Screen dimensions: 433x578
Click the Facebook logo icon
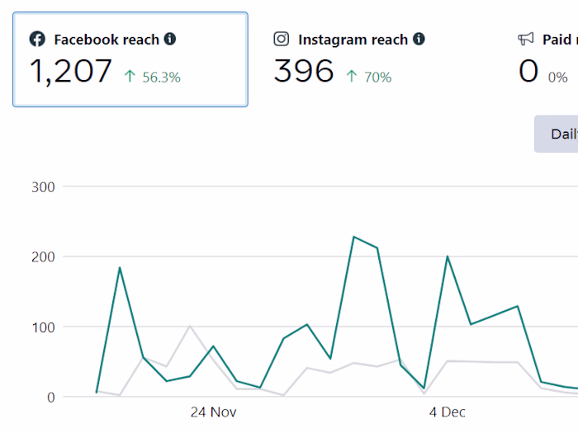[x=37, y=39]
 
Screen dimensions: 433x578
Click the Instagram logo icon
[x=282, y=39]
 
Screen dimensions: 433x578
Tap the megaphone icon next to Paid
[x=526, y=39]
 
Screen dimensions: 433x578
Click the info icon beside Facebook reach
[x=170, y=39]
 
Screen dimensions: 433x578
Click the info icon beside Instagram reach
[x=419, y=39]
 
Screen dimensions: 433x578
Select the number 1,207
[x=71, y=72]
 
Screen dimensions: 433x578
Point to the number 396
[x=304, y=72]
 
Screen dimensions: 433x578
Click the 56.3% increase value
[x=161, y=78]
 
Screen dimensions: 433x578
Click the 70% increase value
[x=378, y=78]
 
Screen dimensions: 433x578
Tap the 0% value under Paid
[x=557, y=78]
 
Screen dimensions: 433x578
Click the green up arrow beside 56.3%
[x=130, y=77]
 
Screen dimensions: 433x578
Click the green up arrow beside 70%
[x=352, y=77]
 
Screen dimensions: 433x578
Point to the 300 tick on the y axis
[x=43, y=187]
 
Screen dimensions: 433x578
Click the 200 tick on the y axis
[x=43, y=257]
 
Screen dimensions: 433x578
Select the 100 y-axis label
[x=43, y=327]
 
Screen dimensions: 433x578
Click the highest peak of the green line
[x=353, y=237]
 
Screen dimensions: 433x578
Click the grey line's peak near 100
[x=190, y=326]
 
